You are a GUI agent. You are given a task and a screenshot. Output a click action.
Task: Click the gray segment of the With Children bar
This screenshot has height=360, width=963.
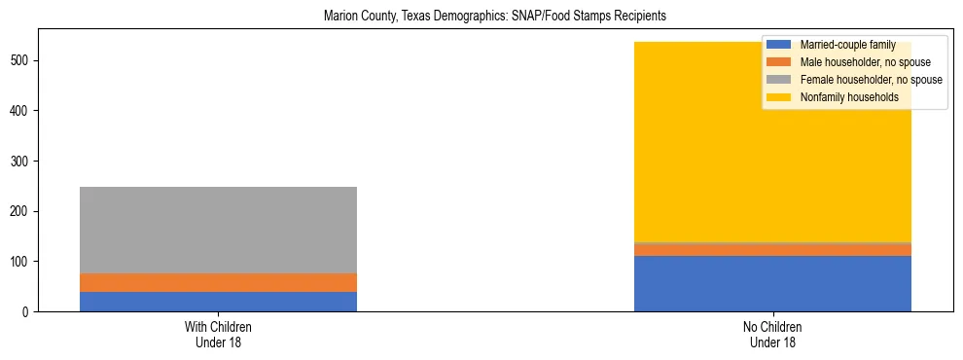point(218,230)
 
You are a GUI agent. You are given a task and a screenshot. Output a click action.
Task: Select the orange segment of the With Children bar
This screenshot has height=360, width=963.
point(218,282)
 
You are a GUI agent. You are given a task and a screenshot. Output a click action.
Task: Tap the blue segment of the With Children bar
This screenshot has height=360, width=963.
point(218,302)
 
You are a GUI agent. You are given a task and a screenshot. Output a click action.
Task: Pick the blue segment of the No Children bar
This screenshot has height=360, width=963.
point(772,284)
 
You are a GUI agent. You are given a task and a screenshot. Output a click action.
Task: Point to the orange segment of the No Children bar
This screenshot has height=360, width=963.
point(772,250)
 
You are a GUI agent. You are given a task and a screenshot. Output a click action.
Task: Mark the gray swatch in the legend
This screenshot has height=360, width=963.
point(779,80)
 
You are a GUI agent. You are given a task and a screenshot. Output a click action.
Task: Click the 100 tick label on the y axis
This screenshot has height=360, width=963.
point(22,262)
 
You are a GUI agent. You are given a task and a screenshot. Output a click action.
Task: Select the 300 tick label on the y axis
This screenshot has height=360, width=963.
point(22,162)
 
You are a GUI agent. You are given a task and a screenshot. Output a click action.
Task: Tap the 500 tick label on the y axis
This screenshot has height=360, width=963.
point(22,60)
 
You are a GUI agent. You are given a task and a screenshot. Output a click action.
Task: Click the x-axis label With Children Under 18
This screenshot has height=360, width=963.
point(218,334)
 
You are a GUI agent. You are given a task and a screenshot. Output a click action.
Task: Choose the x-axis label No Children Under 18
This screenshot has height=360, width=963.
point(772,334)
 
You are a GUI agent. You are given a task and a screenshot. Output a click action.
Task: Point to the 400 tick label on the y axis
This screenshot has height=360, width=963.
point(22,111)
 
